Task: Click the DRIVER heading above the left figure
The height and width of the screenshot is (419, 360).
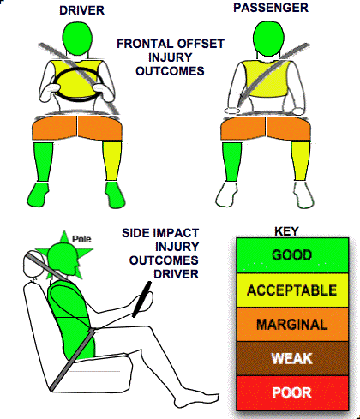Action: coord(81,10)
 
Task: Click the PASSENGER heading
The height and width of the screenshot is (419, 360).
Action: coord(271,8)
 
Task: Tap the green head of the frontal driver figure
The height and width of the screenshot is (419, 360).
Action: coord(77,38)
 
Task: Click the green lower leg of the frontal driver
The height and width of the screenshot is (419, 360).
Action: coord(43,162)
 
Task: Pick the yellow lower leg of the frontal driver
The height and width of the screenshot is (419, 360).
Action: coord(112,161)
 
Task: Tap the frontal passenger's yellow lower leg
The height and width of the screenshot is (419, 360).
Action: coord(301,161)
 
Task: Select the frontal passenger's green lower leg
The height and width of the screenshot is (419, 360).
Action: coord(231,162)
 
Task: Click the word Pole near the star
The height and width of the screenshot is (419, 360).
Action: coord(81,239)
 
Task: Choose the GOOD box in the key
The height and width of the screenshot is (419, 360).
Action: coord(292,255)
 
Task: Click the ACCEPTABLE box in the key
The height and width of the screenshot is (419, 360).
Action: coord(292,290)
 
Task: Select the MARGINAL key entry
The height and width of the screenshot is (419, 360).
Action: coord(292,325)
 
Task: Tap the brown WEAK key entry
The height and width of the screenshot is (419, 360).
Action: coord(292,358)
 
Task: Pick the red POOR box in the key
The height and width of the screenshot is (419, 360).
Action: coord(292,393)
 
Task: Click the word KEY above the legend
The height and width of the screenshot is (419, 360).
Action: coord(286,231)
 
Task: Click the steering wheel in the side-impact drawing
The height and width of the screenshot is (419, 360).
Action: coord(141,299)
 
